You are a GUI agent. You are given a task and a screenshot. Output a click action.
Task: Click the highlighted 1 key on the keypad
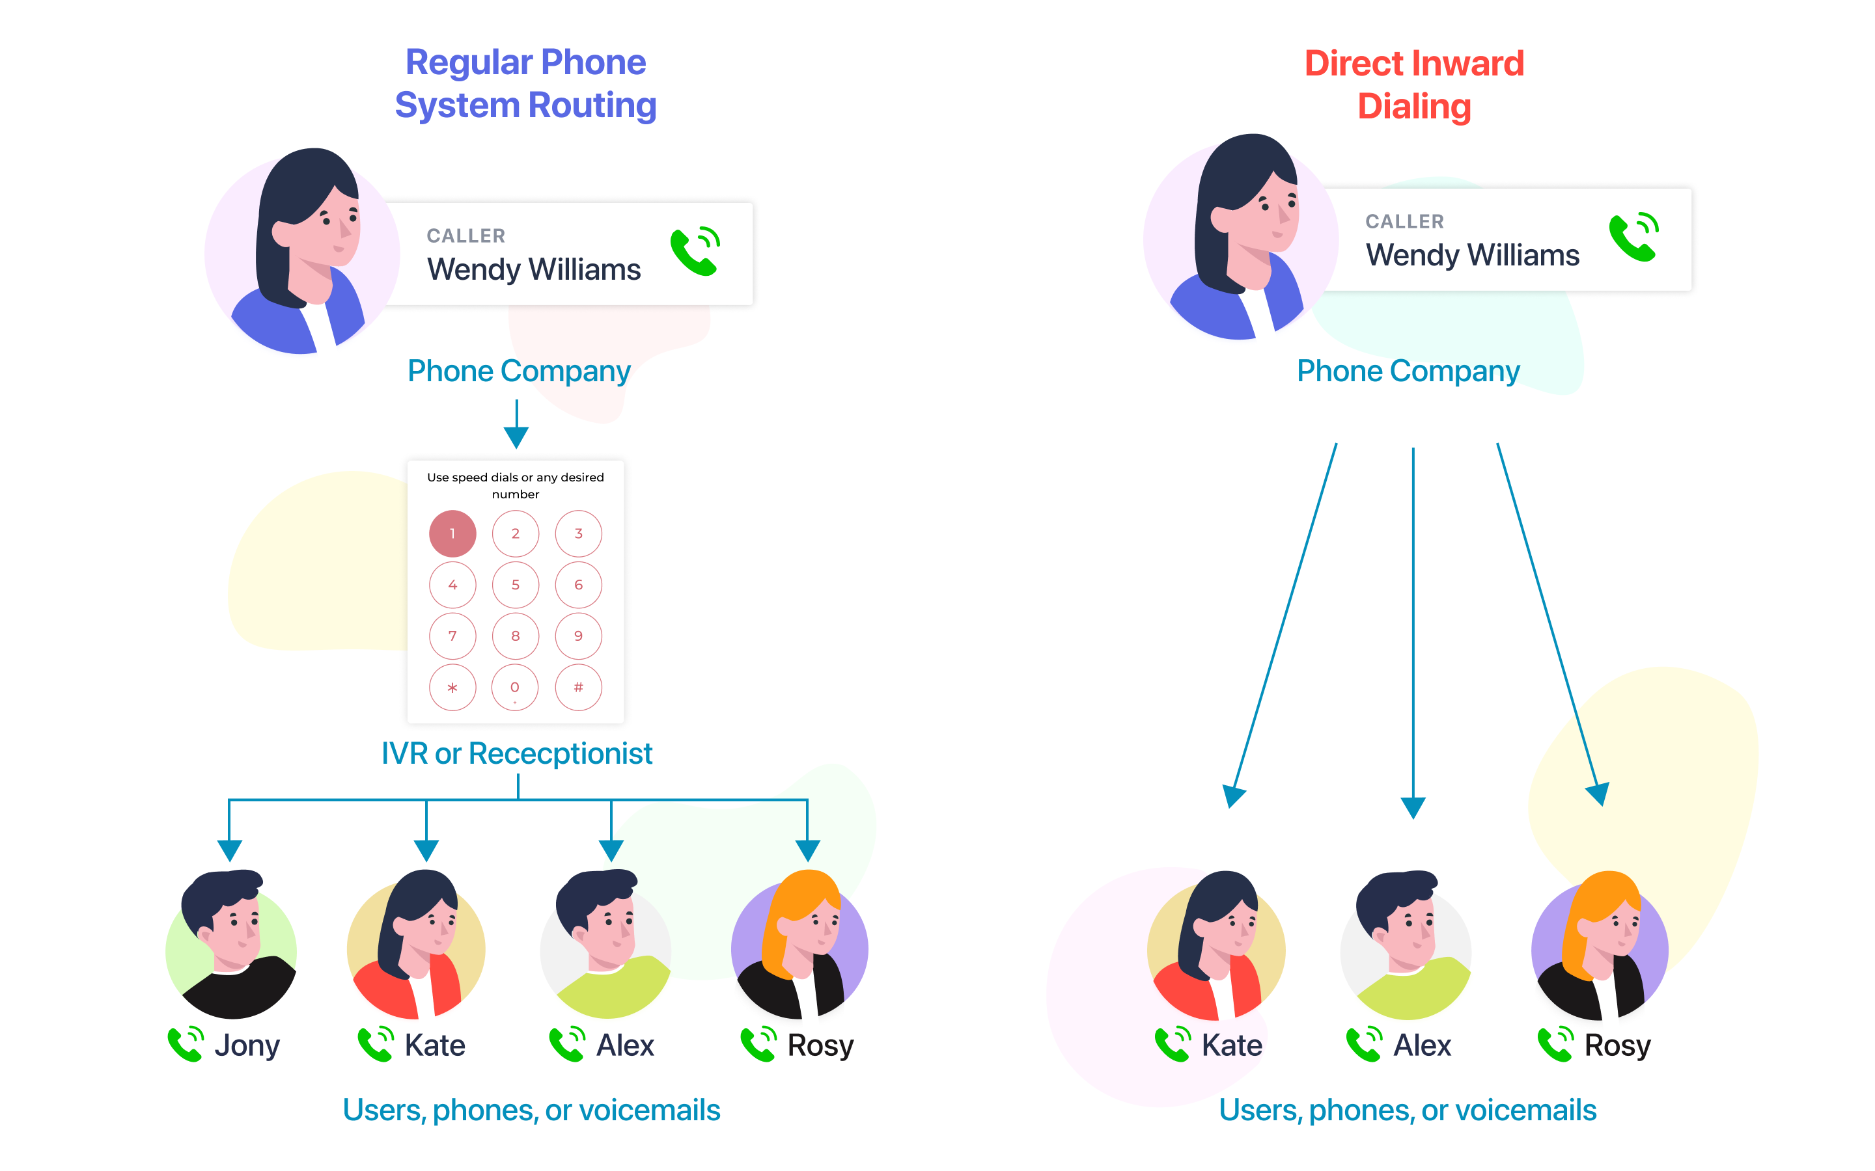click(x=452, y=533)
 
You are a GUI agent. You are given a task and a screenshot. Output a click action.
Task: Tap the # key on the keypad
click(x=578, y=687)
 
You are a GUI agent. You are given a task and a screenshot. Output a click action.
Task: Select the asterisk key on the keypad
click(x=452, y=687)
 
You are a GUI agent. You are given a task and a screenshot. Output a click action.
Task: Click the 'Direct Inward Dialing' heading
click(x=1413, y=85)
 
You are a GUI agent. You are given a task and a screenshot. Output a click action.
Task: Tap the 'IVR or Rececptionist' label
click(x=517, y=753)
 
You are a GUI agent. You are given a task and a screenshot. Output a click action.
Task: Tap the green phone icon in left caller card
click(x=695, y=251)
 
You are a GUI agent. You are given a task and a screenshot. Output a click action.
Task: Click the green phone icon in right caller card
click(x=1633, y=237)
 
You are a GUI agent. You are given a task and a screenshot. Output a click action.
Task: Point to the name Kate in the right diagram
click(x=1231, y=1045)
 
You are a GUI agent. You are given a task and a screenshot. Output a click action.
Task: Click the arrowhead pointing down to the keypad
click(x=516, y=437)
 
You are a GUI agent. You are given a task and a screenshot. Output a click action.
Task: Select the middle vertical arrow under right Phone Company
click(x=1413, y=627)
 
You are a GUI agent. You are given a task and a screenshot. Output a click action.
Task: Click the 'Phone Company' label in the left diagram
click(x=518, y=371)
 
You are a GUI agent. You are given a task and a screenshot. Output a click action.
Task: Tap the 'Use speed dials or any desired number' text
click(x=515, y=485)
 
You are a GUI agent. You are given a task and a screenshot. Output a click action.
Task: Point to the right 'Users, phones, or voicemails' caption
click(x=1407, y=1110)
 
